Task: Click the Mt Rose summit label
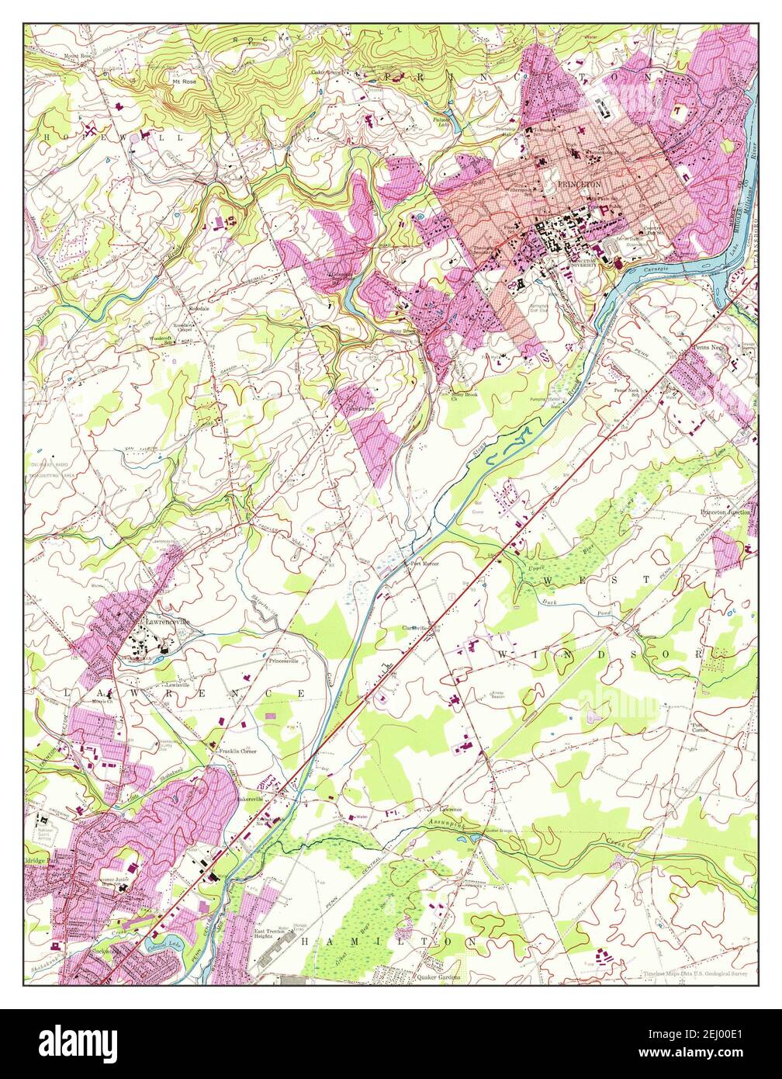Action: [x=183, y=79]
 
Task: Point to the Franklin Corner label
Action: [x=237, y=751]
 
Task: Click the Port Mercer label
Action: [x=424, y=564]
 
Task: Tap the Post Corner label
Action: [x=698, y=727]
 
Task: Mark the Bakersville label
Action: [x=252, y=798]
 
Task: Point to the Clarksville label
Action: [x=416, y=628]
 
